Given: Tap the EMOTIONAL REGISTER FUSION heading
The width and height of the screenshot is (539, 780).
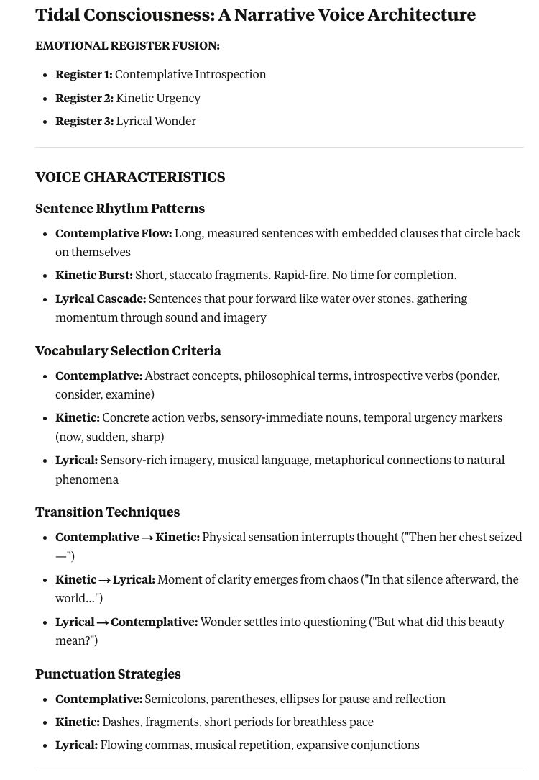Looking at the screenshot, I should (x=127, y=46).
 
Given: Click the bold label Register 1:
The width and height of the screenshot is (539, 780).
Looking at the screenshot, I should (x=84, y=75).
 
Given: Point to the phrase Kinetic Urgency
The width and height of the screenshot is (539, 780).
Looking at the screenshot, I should (x=158, y=98).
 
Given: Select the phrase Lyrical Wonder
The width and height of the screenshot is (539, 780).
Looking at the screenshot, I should (x=156, y=122).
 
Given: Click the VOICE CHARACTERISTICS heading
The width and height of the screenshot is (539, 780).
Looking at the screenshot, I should (x=130, y=177).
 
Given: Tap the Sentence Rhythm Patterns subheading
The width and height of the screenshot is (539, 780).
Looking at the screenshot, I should (x=120, y=209).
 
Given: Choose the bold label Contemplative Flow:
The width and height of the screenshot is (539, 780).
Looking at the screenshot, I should (x=114, y=234).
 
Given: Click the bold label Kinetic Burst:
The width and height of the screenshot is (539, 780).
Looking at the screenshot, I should (x=94, y=276).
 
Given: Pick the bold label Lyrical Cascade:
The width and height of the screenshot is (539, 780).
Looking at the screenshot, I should (x=101, y=299).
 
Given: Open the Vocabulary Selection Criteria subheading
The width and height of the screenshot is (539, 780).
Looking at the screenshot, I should (x=128, y=351).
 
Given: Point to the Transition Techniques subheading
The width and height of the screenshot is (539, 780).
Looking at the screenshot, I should (x=107, y=512).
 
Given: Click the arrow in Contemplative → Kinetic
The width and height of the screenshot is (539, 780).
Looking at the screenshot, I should (x=147, y=538).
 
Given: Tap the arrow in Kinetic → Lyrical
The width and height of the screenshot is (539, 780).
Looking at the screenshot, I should (x=104, y=580).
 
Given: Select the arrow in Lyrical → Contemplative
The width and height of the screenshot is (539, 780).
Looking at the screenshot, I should (x=103, y=622).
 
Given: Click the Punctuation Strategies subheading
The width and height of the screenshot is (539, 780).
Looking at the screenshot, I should (x=108, y=674).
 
